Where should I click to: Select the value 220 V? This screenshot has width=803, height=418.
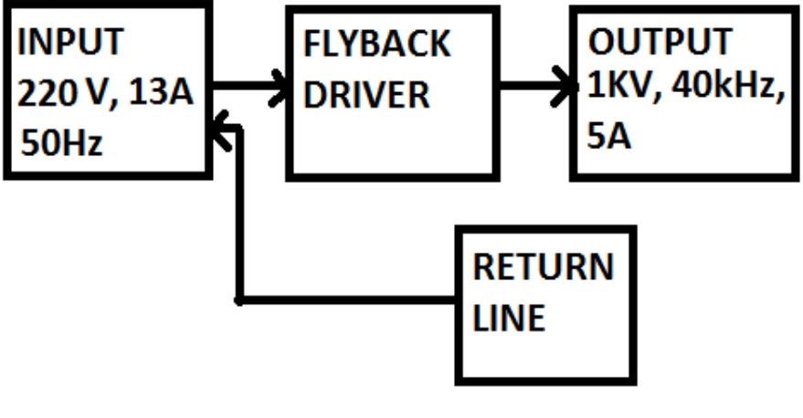pyautogui.click(x=59, y=93)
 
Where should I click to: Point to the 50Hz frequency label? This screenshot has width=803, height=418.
pyautogui.click(x=62, y=143)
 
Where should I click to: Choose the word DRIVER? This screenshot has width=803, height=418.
pyautogui.click(x=366, y=95)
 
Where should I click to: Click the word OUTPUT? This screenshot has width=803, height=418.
pyautogui.click(x=659, y=42)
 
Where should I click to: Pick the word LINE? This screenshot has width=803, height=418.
pyautogui.click(x=509, y=318)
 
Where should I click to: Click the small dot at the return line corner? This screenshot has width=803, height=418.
pyautogui.click(x=238, y=299)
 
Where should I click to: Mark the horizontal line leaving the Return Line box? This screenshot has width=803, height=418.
pyautogui.click(x=347, y=299)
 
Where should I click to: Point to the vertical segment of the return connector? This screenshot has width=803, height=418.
pyautogui.click(x=239, y=219)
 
